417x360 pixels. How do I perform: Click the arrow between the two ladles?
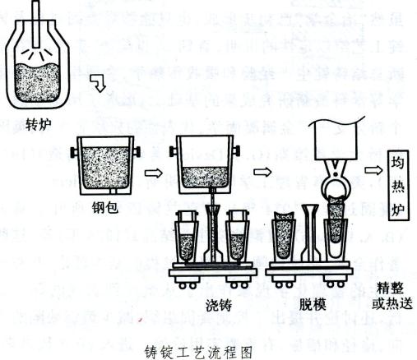click(151, 173)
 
